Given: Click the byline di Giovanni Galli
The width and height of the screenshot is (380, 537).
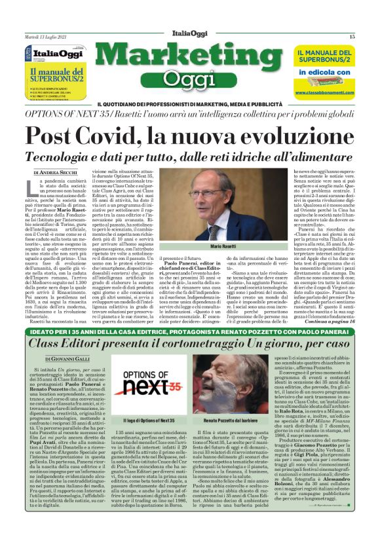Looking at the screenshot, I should [x=54, y=356].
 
